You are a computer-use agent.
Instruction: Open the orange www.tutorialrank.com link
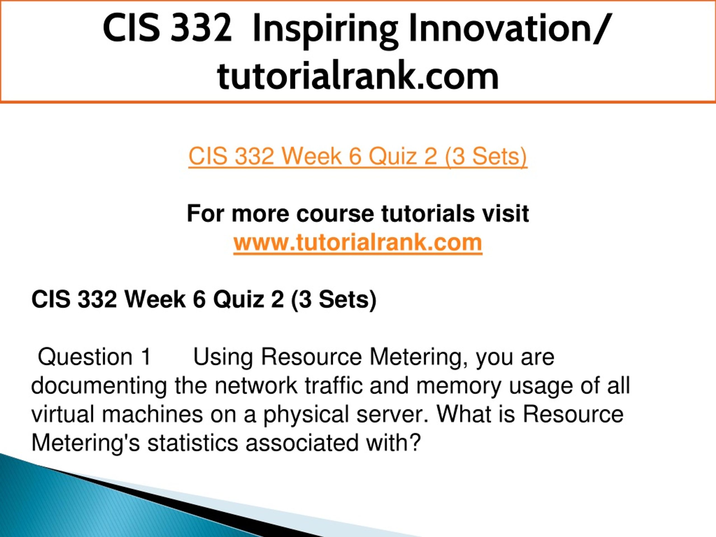(358, 242)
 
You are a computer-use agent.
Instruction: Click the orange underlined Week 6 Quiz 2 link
(358, 157)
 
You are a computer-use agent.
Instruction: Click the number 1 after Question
(146, 357)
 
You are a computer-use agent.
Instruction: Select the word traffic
(333, 385)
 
